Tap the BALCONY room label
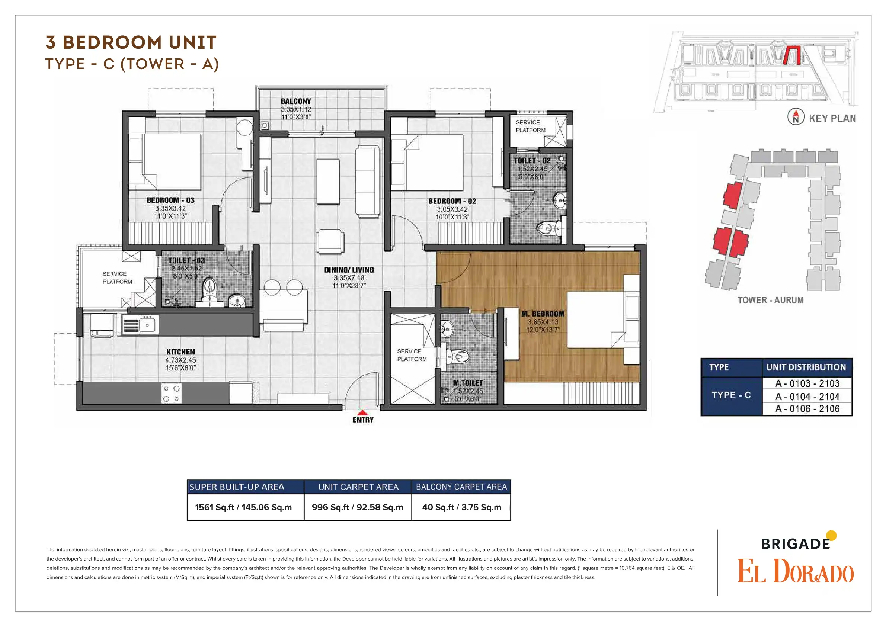tap(296, 101)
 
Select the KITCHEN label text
tap(180, 352)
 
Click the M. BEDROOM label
tap(543, 314)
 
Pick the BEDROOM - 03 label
tap(170, 200)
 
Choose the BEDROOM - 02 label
tap(452, 201)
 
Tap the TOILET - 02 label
tap(532, 160)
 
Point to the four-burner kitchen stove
tap(171, 394)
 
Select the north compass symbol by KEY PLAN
tap(796, 117)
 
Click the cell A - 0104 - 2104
tap(807, 397)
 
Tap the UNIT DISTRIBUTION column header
tap(806, 367)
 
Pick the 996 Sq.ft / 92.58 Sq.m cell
tap(357, 507)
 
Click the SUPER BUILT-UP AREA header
tap(237, 487)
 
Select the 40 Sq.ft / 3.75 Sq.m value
tap(461, 507)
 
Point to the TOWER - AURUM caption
tap(770, 300)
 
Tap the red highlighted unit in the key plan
tap(792, 55)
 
